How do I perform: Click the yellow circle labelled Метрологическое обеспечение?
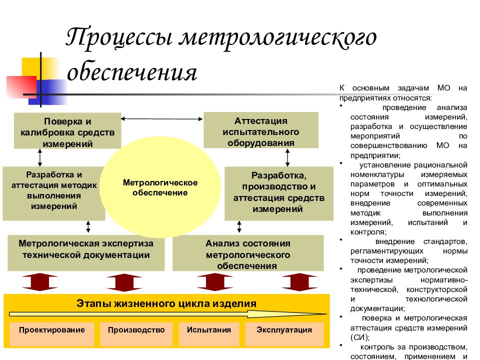(160, 187)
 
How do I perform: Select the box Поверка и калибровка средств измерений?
(67, 130)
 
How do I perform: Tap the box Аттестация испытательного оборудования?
(261, 130)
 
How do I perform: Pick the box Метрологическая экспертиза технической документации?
(86, 253)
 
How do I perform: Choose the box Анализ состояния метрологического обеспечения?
(248, 253)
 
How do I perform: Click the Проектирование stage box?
(51, 334)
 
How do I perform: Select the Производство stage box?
(136, 334)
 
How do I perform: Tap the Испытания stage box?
(209, 334)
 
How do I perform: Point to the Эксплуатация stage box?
(284, 334)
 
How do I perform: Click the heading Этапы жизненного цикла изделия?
(166, 303)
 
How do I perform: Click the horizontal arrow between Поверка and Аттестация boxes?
(161, 119)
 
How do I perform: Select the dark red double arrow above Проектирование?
(40, 282)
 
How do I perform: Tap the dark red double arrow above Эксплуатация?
(299, 282)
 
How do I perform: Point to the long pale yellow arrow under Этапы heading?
(168, 314)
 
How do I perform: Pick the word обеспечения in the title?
(132, 73)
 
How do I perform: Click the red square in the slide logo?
(21, 87)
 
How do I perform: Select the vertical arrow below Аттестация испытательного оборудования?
(287, 157)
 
